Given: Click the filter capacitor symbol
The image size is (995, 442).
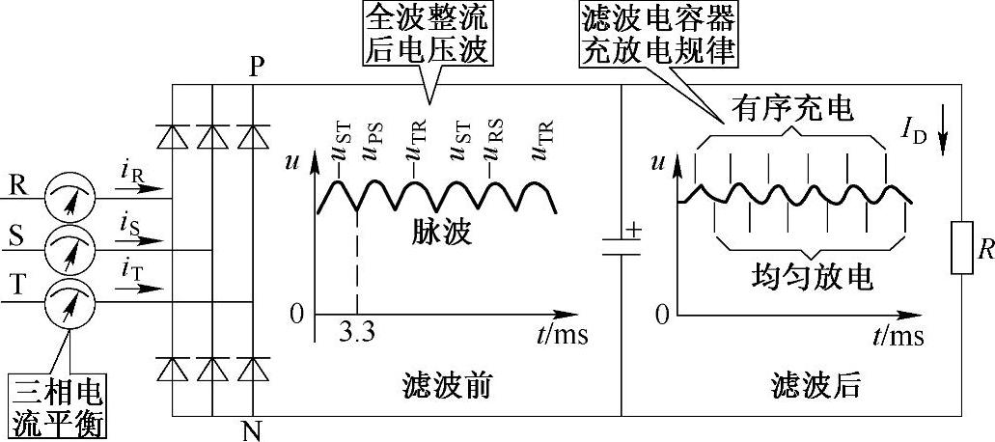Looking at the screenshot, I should pyautogui.click(x=621, y=242).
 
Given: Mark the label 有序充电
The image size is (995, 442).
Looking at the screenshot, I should pyautogui.click(x=790, y=109).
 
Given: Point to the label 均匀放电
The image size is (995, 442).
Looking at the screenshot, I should pyautogui.click(x=811, y=277).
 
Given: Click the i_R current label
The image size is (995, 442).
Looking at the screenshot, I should pyautogui.click(x=134, y=173).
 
